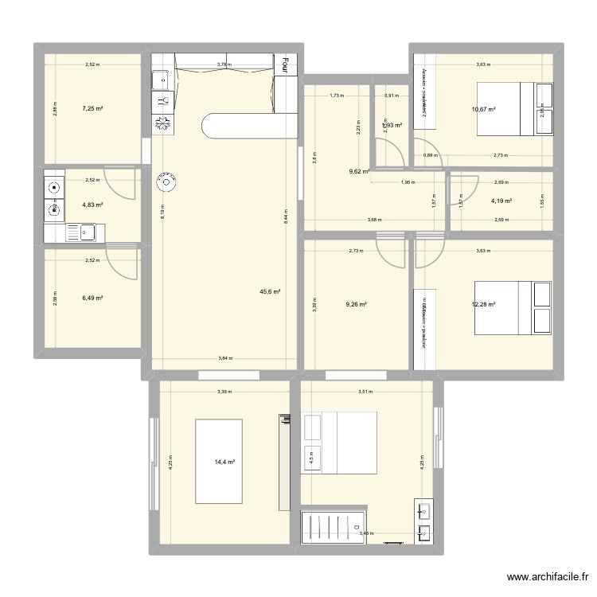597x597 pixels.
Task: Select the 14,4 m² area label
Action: click(224, 460)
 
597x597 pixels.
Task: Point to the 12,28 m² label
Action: click(484, 304)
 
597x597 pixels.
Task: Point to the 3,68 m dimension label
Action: click(374, 220)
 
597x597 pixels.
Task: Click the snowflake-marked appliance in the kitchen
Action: click(162, 123)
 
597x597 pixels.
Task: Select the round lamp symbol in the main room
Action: click(168, 182)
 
